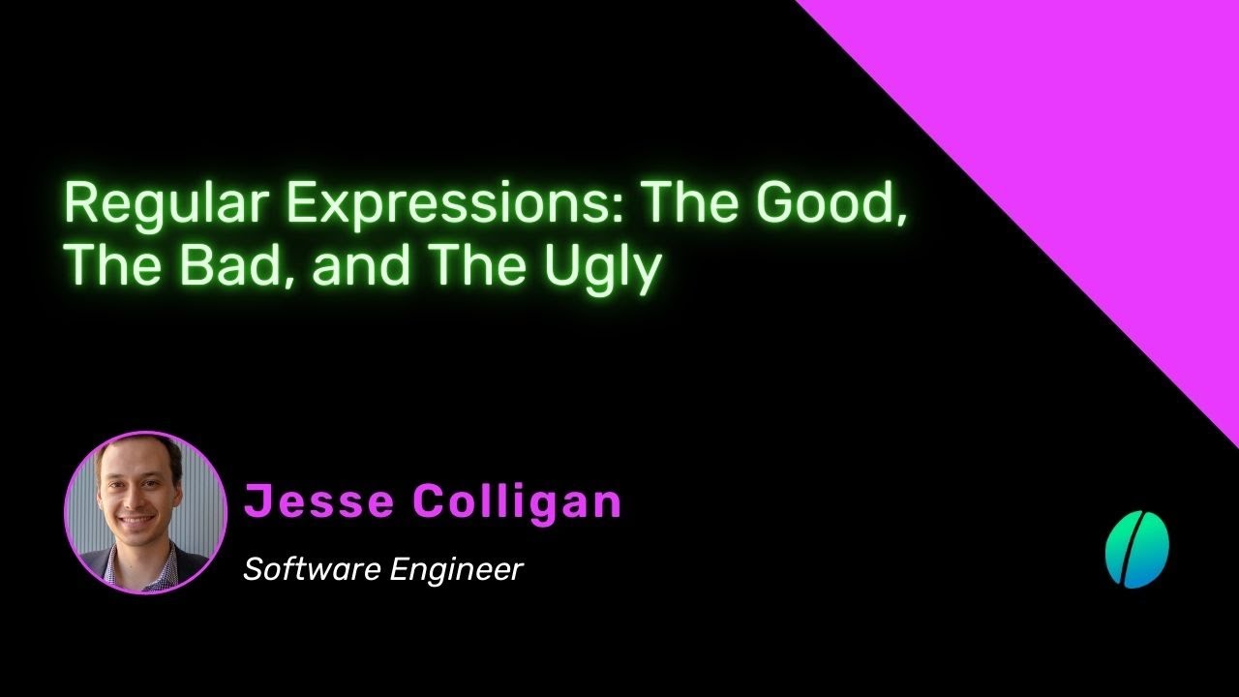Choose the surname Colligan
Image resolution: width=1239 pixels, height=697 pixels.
pos(518,502)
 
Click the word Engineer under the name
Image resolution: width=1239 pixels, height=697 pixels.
pos(456,570)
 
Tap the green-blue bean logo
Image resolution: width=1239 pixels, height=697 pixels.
pos(1137,549)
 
